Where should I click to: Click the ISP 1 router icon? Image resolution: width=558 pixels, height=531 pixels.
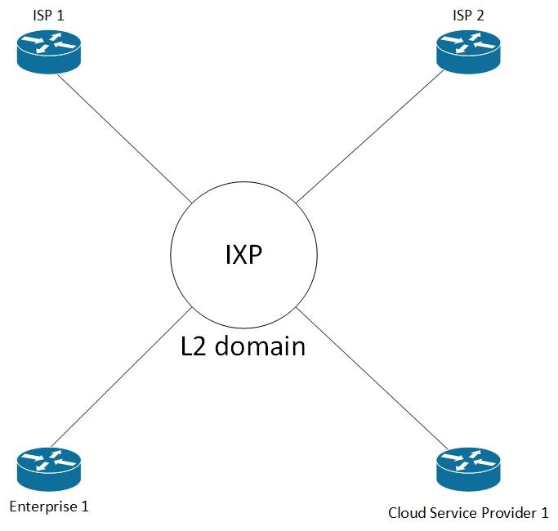[x=49, y=52]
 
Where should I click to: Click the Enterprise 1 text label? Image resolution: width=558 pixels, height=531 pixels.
[x=49, y=506]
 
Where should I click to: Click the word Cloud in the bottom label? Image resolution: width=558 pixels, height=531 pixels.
[x=406, y=513]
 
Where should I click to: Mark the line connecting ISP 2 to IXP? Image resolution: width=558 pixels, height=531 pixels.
[x=368, y=139]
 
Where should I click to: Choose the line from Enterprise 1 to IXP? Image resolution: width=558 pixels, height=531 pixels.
[x=123, y=376]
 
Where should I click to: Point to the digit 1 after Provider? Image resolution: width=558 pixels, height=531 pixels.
[x=544, y=513]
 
